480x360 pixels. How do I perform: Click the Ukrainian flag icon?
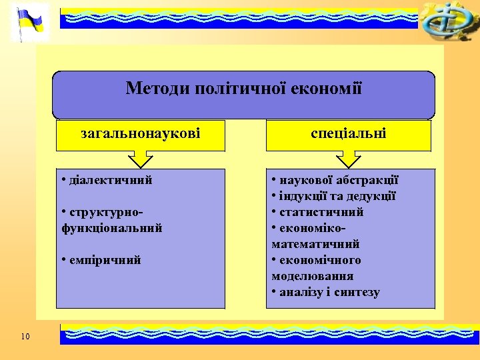(x=30, y=22)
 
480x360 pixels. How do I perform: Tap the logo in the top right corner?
(x=446, y=21)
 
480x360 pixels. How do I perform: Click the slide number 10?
(x=25, y=336)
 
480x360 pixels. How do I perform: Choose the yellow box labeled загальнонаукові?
(x=141, y=135)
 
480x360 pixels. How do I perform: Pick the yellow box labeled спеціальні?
(x=349, y=135)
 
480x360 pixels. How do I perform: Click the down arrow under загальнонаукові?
(x=141, y=159)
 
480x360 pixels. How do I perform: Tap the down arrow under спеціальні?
(x=349, y=159)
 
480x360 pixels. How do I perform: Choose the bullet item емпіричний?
(x=103, y=260)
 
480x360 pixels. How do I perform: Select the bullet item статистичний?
(x=321, y=212)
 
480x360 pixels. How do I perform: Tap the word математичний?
(x=315, y=244)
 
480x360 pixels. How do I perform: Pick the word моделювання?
(x=313, y=276)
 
